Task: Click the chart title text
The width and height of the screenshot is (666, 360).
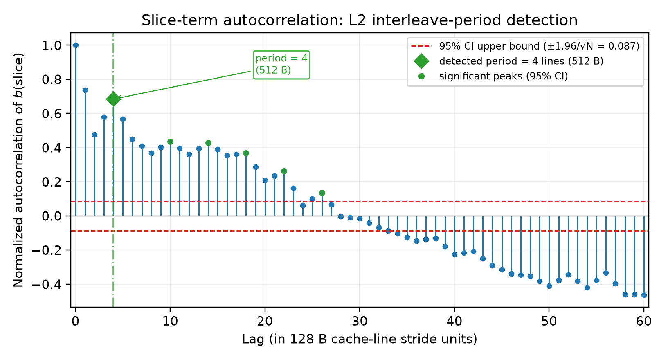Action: [x=360, y=20]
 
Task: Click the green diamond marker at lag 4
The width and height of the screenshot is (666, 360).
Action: [x=113, y=99]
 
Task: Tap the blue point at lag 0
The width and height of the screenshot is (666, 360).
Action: [x=76, y=45]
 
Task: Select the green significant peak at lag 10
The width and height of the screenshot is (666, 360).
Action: [x=170, y=142]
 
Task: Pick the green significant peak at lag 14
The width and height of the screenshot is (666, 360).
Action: [x=208, y=143]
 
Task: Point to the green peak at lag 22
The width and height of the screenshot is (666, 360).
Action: [x=284, y=171]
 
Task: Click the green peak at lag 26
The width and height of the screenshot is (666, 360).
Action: [x=322, y=193]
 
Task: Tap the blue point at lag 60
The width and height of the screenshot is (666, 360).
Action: [x=644, y=295]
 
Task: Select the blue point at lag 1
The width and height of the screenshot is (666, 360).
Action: [x=85, y=90]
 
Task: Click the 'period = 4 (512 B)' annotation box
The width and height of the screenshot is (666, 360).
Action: [x=281, y=65]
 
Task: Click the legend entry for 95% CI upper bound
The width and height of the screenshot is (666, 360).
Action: [x=525, y=46]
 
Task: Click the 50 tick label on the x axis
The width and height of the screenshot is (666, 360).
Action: [x=549, y=322]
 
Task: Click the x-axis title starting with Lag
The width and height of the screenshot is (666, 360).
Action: [x=360, y=339]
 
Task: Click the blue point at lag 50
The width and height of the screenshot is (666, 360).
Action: [x=549, y=286]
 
